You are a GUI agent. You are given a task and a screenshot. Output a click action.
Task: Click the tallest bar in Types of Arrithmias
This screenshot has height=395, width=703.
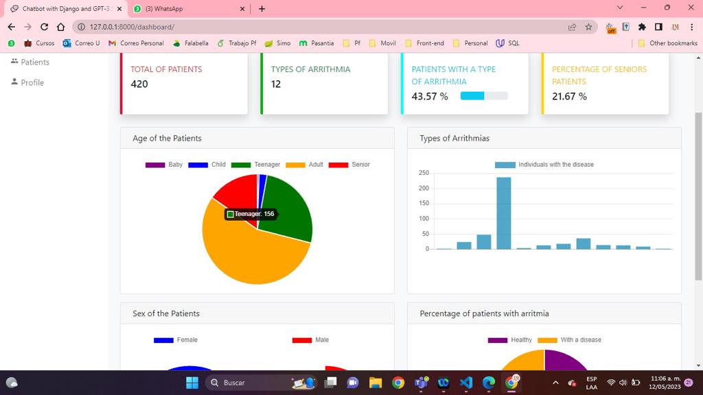click(504, 213)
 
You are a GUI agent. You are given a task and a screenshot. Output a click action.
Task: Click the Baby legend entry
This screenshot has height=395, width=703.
click(164, 165)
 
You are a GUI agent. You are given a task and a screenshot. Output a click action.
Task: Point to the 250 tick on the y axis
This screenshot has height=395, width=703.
click(424, 173)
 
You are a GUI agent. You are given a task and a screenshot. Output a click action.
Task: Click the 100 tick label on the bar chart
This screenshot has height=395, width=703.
click(424, 219)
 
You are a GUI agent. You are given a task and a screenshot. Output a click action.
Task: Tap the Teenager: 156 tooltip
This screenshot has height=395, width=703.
click(251, 214)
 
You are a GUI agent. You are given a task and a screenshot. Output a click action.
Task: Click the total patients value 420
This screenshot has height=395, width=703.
click(139, 84)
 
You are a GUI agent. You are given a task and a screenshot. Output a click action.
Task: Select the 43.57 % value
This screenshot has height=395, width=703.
click(430, 97)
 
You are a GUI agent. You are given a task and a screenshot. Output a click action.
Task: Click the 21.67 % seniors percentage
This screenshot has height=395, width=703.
click(569, 97)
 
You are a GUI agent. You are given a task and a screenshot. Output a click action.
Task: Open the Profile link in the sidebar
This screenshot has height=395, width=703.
click(32, 82)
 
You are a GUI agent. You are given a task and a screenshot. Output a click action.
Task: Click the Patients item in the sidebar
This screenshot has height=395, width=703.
click(35, 62)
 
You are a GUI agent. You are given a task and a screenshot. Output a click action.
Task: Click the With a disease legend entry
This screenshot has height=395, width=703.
click(569, 340)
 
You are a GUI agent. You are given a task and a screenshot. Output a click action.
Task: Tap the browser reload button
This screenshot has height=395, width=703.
click(45, 27)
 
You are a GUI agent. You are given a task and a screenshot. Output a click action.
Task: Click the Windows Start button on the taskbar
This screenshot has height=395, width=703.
click(192, 383)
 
